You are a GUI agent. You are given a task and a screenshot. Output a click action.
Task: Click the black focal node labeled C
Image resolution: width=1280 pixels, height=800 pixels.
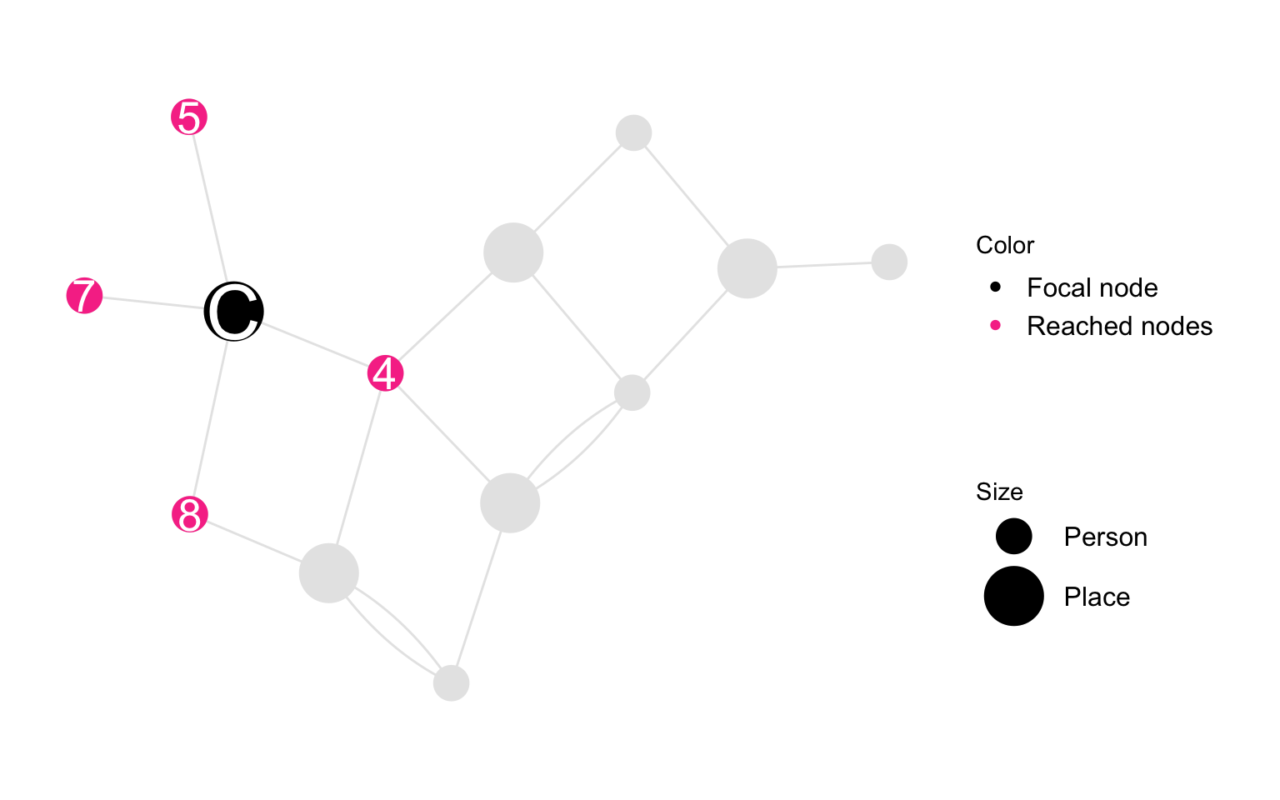(233, 312)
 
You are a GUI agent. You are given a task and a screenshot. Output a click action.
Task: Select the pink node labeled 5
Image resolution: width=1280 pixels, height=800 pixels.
(189, 117)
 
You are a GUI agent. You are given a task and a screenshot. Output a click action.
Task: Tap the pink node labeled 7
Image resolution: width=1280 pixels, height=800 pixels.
(84, 296)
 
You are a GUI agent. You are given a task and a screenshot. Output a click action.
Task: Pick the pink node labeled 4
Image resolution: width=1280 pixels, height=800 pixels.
(385, 373)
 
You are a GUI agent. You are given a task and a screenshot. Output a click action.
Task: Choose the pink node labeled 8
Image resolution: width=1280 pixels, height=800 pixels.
(190, 514)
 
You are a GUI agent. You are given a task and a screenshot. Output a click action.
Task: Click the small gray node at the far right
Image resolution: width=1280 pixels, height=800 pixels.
(889, 262)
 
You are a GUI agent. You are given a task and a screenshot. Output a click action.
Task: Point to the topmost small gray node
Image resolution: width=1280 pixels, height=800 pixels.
(633, 132)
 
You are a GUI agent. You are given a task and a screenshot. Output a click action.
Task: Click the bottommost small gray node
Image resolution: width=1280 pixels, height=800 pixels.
(452, 682)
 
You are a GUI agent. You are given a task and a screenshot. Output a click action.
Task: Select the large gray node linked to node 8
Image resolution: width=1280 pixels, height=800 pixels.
(329, 573)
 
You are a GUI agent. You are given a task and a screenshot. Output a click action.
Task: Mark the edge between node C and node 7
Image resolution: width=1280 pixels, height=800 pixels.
(153, 302)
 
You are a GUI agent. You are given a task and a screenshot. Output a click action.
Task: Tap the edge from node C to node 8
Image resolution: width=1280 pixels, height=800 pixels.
(211, 418)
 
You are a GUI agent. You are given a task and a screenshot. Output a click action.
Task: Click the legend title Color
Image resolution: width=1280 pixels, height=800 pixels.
(1004, 245)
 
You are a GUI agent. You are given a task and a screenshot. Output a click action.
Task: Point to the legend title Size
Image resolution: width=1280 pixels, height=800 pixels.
(999, 492)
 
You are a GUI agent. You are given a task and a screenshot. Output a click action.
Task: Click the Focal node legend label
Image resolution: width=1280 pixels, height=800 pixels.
(1092, 287)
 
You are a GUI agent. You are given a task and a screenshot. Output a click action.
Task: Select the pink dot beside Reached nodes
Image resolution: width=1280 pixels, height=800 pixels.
(996, 326)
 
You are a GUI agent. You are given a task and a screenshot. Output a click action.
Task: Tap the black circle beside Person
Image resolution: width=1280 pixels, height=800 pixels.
(1013, 536)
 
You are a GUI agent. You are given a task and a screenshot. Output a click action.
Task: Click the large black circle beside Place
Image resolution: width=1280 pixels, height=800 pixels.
(1013, 596)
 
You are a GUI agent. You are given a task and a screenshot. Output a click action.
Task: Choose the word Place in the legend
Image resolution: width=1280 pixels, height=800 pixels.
(1097, 597)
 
